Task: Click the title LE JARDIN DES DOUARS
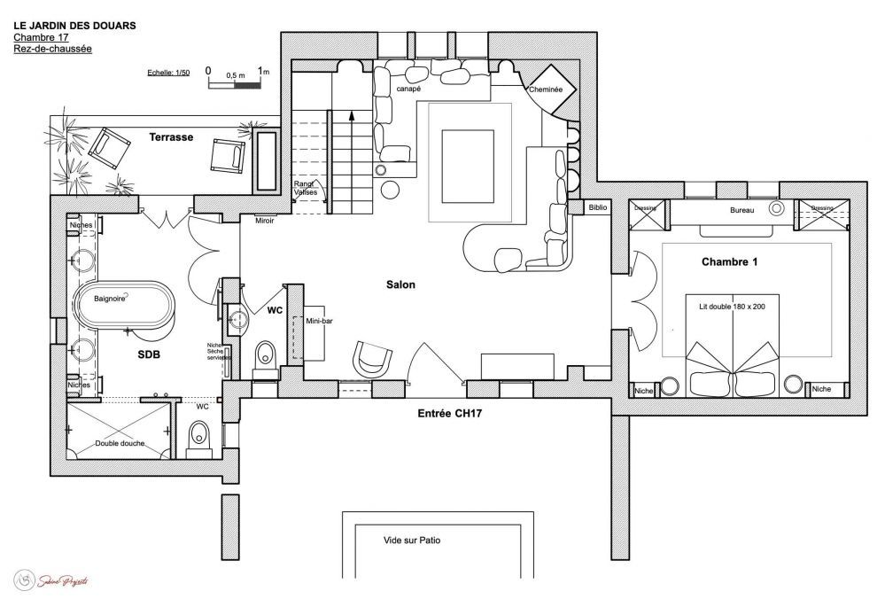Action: click(74, 27)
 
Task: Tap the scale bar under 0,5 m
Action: click(235, 86)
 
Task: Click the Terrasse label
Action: click(171, 138)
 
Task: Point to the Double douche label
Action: click(120, 443)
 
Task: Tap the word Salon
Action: click(400, 284)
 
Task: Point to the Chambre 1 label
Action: click(731, 262)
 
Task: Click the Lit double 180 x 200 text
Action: click(732, 306)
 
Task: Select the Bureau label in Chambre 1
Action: click(742, 211)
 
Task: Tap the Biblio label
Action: click(599, 207)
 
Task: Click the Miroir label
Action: click(264, 221)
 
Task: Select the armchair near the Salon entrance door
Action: click(373, 358)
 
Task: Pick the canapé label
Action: click(408, 89)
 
